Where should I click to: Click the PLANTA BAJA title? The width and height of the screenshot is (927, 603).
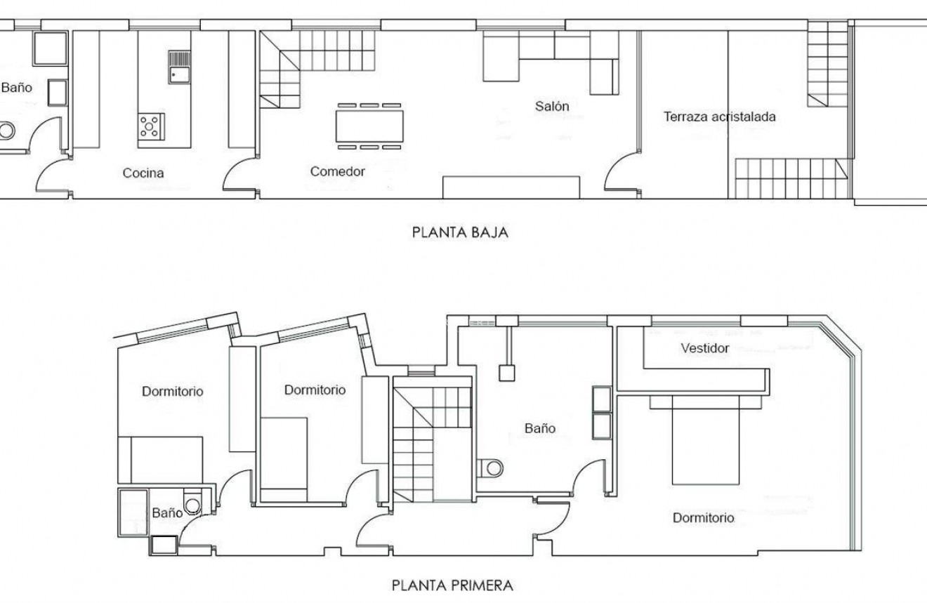click(459, 232)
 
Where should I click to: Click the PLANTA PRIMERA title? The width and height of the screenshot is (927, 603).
click(452, 584)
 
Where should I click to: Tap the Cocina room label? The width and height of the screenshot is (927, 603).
click(143, 173)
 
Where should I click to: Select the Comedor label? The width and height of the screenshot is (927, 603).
click(338, 171)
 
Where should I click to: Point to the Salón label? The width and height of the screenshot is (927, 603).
click(551, 107)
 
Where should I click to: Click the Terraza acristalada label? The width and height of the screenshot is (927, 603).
click(720, 117)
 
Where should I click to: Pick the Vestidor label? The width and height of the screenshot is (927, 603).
click(704, 348)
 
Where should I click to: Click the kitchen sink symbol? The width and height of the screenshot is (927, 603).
click(179, 67)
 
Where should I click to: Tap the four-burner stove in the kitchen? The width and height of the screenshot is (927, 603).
click(150, 126)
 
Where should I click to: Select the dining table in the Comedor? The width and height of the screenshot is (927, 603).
click(369, 126)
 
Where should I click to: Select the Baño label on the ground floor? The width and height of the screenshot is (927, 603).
click(16, 88)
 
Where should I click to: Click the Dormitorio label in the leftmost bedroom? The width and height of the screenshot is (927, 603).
click(173, 392)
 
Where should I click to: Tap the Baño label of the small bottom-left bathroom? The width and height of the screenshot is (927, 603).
click(167, 513)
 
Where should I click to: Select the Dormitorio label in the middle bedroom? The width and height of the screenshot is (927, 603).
click(315, 390)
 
